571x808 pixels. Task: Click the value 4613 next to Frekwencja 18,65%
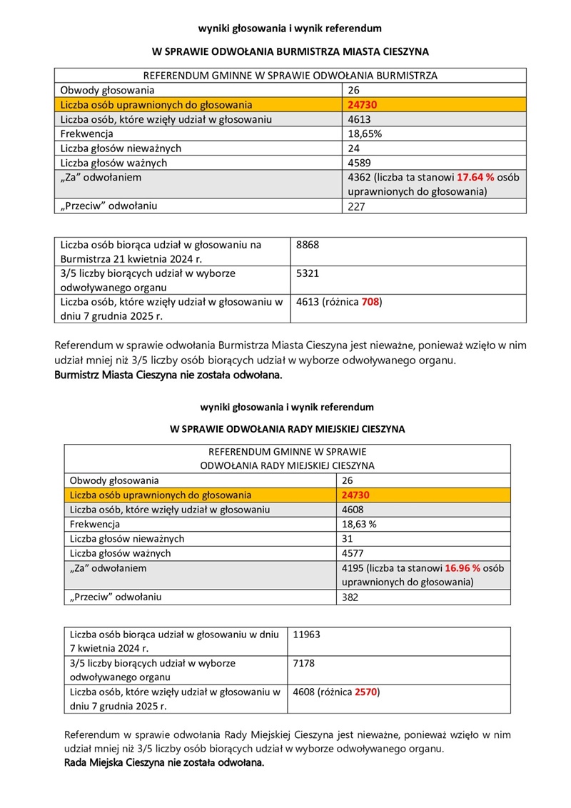pyautogui.click(x=359, y=119)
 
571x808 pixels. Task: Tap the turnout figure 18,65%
pyautogui.click(x=364, y=133)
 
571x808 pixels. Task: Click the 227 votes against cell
pyautogui.click(x=356, y=206)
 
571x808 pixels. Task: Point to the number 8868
pyautogui.click(x=307, y=245)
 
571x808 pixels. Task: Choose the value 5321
pyautogui.click(x=307, y=273)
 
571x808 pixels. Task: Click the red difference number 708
pyautogui.click(x=370, y=302)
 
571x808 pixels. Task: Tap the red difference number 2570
pyautogui.click(x=367, y=691)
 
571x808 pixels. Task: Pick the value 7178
pyautogui.click(x=305, y=663)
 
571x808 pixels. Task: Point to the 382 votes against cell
pyautogui.click(x=350, y=597)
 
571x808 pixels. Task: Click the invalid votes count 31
pyautogui.click(x=348, y=538)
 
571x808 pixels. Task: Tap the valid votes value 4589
pyautogui.click(x=359, y=163)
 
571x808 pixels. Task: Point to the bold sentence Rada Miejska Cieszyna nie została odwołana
pyautogui.click(x=164, y=763)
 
